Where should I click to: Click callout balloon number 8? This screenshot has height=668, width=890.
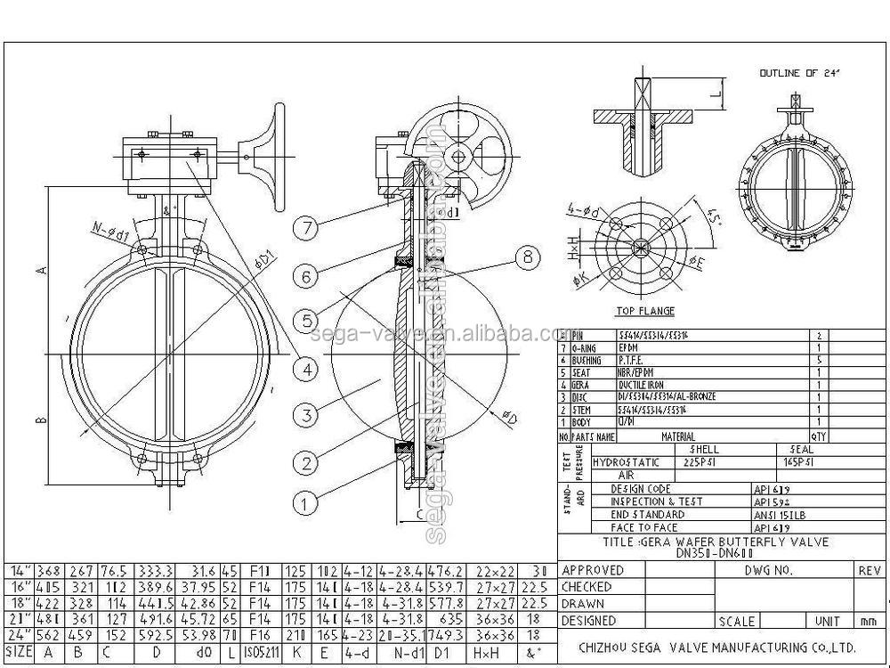528,257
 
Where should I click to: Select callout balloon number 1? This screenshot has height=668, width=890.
306,503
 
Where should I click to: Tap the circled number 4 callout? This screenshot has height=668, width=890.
306,368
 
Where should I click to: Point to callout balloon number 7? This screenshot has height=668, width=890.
306,227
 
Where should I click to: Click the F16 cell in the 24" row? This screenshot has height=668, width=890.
261,636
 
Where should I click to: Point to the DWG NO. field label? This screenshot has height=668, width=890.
768,571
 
